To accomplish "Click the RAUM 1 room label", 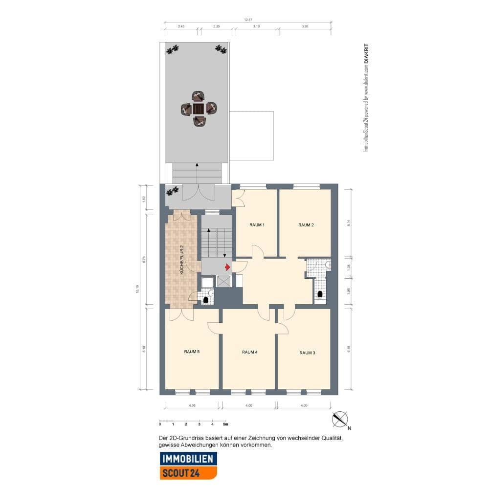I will click(257, 225).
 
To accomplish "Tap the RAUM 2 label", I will click(306, 225).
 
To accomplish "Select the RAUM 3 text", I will click(307, 353).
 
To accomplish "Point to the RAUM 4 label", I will click(249, 352).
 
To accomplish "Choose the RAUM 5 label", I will click(192, 352).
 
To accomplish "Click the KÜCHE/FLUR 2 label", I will click(181, 259).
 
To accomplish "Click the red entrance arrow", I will click(227, 267).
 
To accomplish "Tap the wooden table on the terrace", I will click(198, 109).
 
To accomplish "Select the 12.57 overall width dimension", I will click(248, 20).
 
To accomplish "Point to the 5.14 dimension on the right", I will click(348, 222).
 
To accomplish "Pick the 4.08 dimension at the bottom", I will click(192, 405).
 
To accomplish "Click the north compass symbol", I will click(340, 420).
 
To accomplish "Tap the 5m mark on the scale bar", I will click(225, 424).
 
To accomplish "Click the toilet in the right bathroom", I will click(320, 294).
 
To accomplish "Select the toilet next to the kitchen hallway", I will click(206, 299).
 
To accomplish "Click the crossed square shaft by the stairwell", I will click(223, 281).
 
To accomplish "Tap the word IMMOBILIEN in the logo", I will click(188, 459).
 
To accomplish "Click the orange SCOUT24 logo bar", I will click(188, 473).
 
